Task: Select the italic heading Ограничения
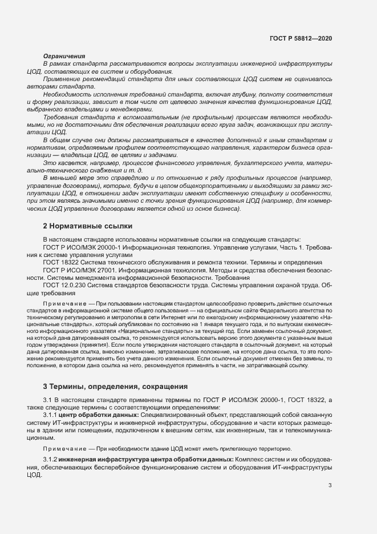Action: pyautogui.click(x=64, y=56)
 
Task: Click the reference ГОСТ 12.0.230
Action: pyautogui.click(x=65, y=285)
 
